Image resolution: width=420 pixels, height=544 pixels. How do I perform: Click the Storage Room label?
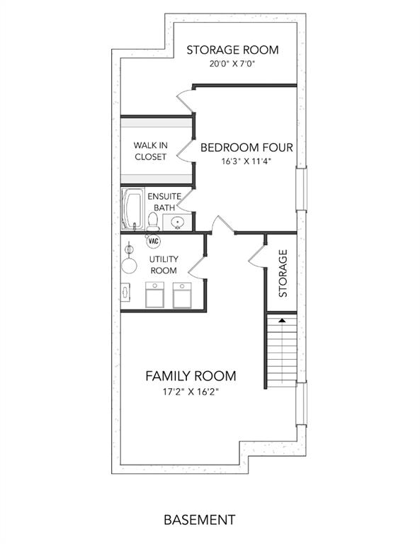coord(232,50)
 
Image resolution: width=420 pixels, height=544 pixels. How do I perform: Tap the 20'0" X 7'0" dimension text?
coord(232,64)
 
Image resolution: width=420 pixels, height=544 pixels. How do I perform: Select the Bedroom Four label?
coord(246,148)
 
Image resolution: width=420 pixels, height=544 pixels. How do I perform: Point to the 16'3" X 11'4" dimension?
coord(246,161)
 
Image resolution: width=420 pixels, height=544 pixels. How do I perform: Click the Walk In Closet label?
coord(151,151)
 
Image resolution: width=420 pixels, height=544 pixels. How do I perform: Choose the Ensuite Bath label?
coord(164,202)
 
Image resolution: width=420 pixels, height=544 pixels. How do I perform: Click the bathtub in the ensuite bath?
coord(133,209)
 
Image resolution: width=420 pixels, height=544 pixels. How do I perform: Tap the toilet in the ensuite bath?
coord(152,222)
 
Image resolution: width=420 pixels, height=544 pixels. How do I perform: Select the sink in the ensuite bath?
coord(178,222)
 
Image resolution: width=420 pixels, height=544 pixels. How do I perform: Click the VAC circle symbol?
coord(153,241)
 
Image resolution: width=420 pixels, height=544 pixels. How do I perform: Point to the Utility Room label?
coord(164,265)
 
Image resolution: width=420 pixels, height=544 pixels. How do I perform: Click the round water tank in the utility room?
coord(129,266)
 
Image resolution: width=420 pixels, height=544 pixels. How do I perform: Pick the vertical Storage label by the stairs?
coord(283,273)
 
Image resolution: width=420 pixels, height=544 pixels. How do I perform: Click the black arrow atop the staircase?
coord(282,320)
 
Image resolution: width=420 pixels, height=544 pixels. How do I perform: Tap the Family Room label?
coord(191,376)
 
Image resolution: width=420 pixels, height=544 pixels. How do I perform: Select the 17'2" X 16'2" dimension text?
coord(191,392)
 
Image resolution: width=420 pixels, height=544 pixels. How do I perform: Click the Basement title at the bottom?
coord(200,520)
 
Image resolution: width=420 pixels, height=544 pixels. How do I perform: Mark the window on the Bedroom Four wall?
coord(301,189)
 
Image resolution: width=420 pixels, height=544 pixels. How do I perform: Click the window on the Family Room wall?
coord(301,404)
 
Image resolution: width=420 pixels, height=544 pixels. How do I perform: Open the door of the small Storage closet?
coord(257,256)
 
